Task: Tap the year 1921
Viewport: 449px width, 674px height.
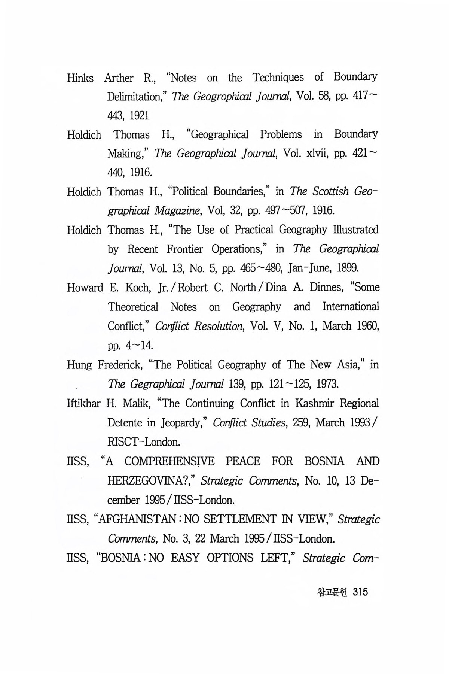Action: [x=139, y=116]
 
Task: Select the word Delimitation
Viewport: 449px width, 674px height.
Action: [x=137, y=97]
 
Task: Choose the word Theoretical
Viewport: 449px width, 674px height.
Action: [x=133, y=307]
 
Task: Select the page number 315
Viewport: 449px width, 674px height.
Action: [x=360, y=592]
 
